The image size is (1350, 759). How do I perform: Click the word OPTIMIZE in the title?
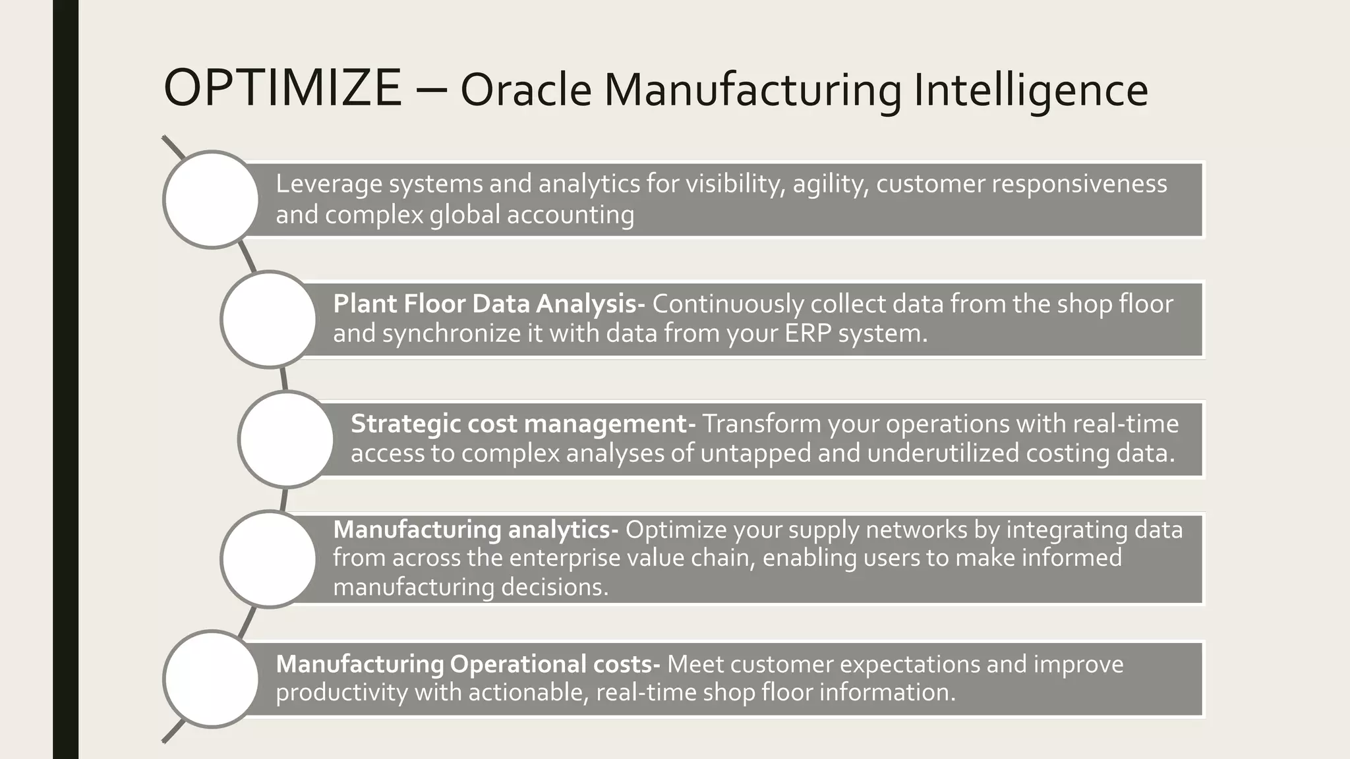[x=282, y=88]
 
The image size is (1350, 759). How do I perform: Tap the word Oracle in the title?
[x=525, y=90]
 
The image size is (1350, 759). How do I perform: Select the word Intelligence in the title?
[x=1030, y=90]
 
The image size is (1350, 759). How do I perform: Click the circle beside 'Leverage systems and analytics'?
[x=211, y=200]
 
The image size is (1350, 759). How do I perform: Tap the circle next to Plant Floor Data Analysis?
[x=268, y=320]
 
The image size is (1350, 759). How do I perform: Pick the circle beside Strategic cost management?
[x=286, y=439]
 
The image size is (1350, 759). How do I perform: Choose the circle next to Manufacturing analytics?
[x=268, y=559]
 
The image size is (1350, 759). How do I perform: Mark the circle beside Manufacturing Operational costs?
[x=211, y=679]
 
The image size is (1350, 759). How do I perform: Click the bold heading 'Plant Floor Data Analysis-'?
[x=488, y=304]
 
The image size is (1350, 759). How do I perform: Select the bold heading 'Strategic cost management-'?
[x=523, y=424]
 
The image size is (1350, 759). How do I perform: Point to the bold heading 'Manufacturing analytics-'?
[x=475, y=529]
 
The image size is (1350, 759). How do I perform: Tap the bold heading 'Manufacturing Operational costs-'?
[x=467, y=663]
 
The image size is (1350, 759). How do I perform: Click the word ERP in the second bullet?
[x=807, y=333]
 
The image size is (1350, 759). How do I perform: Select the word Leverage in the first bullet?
[x=328, y=184]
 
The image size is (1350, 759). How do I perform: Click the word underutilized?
[x=943, y=453]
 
